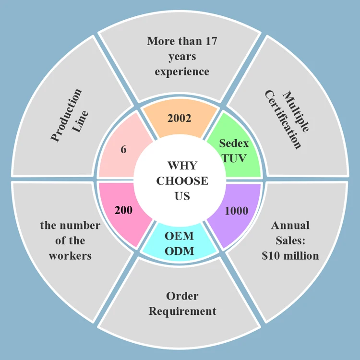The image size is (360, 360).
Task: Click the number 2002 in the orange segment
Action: tap(179, 118)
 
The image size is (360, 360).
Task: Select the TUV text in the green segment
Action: tap(232, 157)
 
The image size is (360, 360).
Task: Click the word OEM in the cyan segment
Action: tap(179, 236)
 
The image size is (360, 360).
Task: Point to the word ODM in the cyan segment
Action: tap(179, 251)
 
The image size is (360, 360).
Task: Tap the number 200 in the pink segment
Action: tap(123, 210)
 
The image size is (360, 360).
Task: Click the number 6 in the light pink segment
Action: tap(123, 149)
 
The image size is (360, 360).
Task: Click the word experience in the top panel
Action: tap(182, 72)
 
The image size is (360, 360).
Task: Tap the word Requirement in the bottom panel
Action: tap(182, 311)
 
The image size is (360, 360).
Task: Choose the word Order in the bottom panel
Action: tap(182, 296)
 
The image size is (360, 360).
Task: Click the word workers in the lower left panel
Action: tap(70, 256)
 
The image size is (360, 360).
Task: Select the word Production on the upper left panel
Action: tap(66, 115)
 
